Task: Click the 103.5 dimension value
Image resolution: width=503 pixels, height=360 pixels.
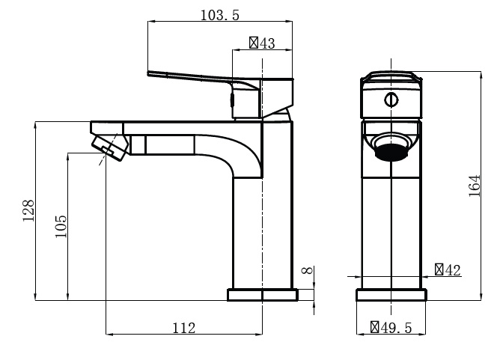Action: tap(220, 15)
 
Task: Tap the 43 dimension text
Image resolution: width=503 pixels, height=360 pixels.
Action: tap(267, 43)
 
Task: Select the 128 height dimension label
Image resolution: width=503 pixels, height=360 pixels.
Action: tap(28, 210)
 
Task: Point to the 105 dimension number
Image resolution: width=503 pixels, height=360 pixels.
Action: tap(61, 227)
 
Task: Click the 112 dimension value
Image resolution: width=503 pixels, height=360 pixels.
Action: tap(184, 328)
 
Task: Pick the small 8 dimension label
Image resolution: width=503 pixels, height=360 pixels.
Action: tap(308, 270)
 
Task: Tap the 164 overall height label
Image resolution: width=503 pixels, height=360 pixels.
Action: tap(475, 186)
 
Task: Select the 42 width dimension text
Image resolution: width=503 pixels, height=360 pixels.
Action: tap(453, 270)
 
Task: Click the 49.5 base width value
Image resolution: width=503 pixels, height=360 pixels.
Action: tap(396, 328)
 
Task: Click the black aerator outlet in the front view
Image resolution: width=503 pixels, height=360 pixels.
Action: tap(391, 152)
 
